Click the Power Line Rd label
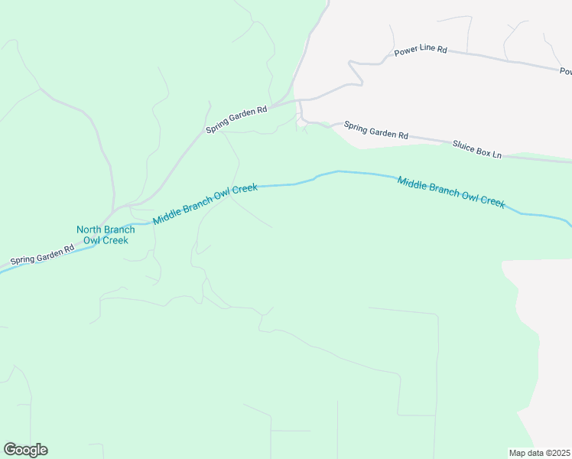pos(420,50)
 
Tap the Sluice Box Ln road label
pos(476,149)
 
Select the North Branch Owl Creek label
pos(106,235)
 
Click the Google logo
pos(25,450)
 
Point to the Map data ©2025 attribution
pos(539,453)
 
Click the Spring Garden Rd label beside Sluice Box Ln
pos(375,130)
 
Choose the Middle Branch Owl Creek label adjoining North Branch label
pos(205,203)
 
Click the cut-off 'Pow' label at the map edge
pos(565,71)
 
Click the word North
pos(89,229)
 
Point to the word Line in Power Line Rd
pos(427,49)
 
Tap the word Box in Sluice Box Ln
pos(485,151)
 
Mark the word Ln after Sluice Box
pos(497,154)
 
